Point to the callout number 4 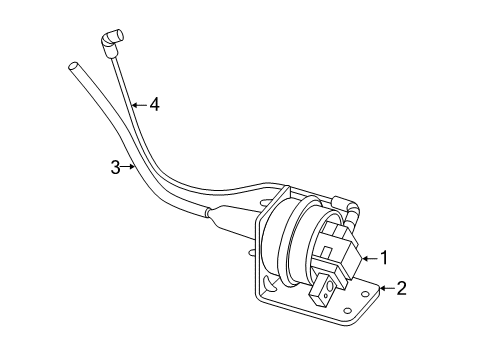click(x=154, y=104)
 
